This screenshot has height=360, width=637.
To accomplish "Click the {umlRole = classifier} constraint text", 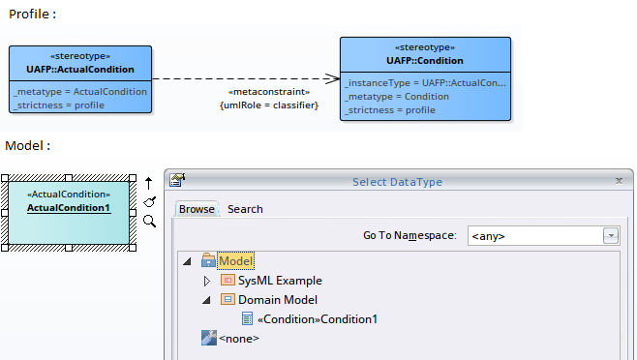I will [269, 105].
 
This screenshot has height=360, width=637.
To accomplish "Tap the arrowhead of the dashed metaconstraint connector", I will [331, 79].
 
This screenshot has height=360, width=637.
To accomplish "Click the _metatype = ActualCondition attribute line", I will [80, 91].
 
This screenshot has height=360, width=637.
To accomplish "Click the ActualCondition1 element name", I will [69, 208].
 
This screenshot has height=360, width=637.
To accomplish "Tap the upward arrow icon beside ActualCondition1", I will [149, 182].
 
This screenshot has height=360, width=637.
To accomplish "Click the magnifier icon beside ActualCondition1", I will [149, 222].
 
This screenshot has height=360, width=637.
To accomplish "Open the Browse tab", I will [197, 209].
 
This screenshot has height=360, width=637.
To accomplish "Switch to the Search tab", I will [245, 209].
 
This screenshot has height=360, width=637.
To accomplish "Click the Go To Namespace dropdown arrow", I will [611, 235].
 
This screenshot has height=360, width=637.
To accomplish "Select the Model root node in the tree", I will [235, 261].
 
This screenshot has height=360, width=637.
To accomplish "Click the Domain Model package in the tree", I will [277, 300].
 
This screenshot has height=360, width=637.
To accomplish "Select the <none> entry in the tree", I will [239, 339].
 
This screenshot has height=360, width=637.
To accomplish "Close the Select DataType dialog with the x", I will [619, 181].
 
